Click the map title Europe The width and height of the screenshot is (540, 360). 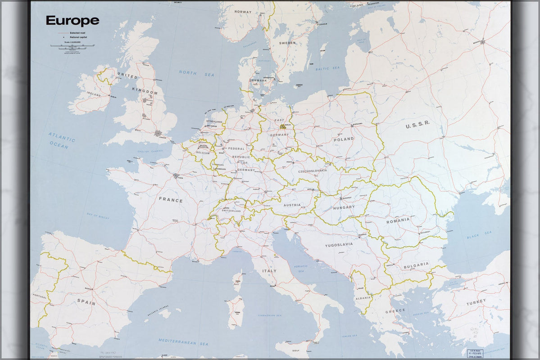coord(72,21)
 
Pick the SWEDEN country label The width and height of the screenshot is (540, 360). coord(287,43)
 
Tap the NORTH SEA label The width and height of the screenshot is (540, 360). coord(196,73)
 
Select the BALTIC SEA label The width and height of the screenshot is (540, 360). coord(327,68)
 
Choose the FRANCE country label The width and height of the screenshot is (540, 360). coord(171,200)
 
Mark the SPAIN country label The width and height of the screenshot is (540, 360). coord(86,303)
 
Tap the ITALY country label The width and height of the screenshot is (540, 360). coord(269,271)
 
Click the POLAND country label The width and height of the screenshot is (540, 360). coord(344,139)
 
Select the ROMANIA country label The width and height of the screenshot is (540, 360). coord(398,220)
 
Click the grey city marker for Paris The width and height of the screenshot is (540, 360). coord(176,176)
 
